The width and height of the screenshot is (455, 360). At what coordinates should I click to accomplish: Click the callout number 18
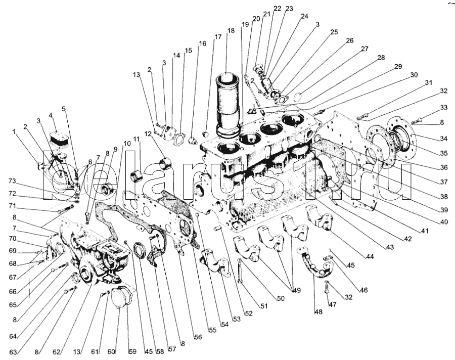[231, 31]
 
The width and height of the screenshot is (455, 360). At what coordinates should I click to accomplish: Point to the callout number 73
[12, 181]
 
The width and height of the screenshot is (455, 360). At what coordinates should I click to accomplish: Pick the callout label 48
[317, 312]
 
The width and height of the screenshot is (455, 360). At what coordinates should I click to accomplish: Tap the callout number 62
[57, 351]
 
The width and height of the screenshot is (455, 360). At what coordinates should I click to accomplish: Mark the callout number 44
[371, 257]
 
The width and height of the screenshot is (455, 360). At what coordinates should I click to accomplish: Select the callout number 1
[14, 132]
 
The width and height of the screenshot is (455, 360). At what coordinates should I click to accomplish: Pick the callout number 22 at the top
[278, 9]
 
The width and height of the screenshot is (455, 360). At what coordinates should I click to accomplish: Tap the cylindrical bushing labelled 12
[166, 164]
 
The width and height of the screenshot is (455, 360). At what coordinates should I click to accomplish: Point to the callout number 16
[203, 43]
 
